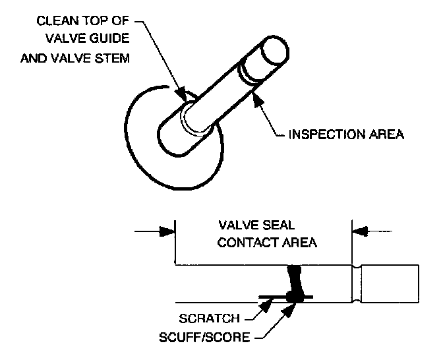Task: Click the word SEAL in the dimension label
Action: click(x=278, y=225)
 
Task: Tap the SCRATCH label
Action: click(x=209, y=318)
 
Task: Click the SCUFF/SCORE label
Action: click(x=204, y=337)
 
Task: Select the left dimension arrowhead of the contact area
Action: click(x=167, y=231)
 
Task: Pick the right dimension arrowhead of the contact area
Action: click(x=360, y=231)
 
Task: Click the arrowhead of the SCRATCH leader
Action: click(x=266, y=306)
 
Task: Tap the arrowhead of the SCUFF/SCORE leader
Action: click(x=289, y=310)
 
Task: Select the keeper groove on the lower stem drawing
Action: click(x=357, y=284)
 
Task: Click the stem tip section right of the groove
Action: click(x=390, y=284)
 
